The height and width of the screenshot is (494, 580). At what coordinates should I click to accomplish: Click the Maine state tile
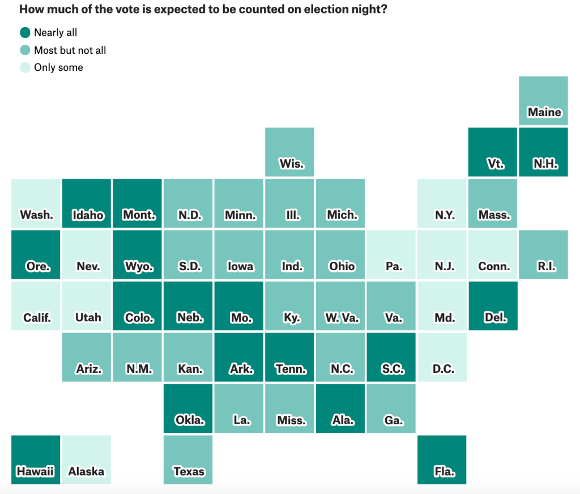click(x=543, y=100)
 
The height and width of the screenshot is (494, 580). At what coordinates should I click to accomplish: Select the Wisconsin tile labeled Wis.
click(x=289, y=152)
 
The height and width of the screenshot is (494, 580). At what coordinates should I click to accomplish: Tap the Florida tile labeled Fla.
click(x=442, y=459)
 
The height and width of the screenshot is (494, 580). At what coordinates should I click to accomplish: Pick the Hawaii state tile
click(x=35, y=459)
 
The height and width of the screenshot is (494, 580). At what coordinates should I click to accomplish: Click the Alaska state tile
click(x=86, y=459)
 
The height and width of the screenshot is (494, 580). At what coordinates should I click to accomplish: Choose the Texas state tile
click(x=188, y=459)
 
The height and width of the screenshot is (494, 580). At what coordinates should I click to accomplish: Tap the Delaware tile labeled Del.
click(x=492, y=306)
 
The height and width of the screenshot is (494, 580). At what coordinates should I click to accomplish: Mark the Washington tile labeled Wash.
click(x=35, y=203)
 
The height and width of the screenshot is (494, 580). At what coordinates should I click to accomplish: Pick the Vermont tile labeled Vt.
click(x=492, y=152)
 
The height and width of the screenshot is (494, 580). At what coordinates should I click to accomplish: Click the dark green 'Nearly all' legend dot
click(x=25, y=33)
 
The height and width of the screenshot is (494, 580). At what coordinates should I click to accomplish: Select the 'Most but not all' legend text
click(x=70, y=50)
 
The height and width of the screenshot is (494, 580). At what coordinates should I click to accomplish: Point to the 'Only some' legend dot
click(x=25, y=67)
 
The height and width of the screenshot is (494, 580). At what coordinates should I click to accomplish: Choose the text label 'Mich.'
click(x=342, y=215)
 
